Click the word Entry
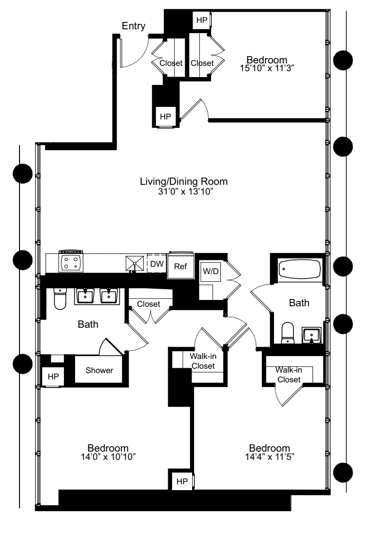[134, 26]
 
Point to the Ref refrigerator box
[180, 267]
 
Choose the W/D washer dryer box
[210, 271]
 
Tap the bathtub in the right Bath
[299, 269]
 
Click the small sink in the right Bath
[311, 336]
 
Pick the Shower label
[99, 371]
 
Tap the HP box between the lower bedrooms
[181, 481]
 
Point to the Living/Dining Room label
[184, 181]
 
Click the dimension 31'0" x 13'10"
[184, 192]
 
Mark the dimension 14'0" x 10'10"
[108, 456]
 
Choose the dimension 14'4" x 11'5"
[269, 456]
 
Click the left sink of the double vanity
[86, 296]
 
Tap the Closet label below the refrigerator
[148, 304]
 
